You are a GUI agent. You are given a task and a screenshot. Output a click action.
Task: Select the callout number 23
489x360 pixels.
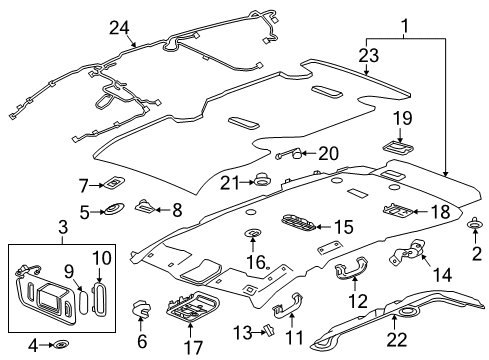click(x=369, y=57)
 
